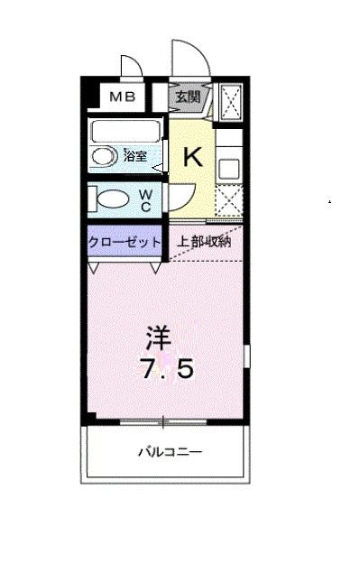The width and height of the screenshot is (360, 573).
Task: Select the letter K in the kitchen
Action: pos(193,159)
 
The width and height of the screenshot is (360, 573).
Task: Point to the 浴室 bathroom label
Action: pos(135,156)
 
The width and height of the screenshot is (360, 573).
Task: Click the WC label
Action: pos(145,199)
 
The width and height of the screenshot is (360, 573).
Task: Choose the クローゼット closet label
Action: pos(125,242)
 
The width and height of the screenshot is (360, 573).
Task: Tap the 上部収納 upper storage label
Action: pos(204,242)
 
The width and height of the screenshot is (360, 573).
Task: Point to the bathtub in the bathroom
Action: pos(125,130)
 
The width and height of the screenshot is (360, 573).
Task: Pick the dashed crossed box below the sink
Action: pos(227,199)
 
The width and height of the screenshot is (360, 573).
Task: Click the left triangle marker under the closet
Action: pos(94,268)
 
